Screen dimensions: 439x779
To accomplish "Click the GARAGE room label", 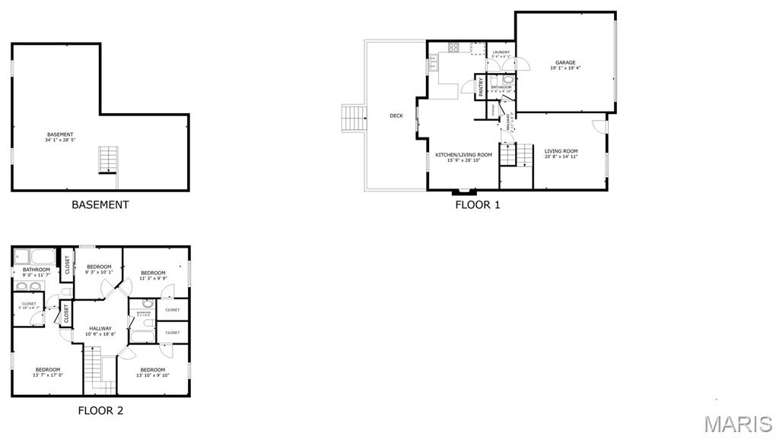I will pyautogui.click(x=564, y=62).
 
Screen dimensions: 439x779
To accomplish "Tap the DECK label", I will pyautogui.click(x=396, y=115).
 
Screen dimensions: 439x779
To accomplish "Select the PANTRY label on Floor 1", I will pyautogui.click(x=481, y=86).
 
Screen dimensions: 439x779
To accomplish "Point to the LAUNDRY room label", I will pyautogui.click(x=501, y=52).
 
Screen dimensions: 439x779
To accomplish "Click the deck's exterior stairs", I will pyautogui.click(x=354, y=118).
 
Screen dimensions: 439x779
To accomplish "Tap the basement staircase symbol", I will pyautogui.click(x=107, y=159).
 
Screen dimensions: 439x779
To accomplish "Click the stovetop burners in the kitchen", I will pyautogui.click(x=453, y=47).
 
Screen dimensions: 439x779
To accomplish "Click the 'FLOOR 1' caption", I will pyautogui.click(x=477, y=204).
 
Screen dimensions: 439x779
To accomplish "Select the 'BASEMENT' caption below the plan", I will pyautogui.click(x=100, y=204).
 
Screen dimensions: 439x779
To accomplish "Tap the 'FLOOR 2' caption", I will pyautogui.click(x=100, y=411).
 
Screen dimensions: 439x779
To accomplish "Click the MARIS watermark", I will pyautogui.click(x=738, y=424).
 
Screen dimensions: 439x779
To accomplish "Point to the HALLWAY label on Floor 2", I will pyautogui.click(x=100, y=328).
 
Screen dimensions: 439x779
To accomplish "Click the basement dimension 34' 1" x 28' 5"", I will pyautogui.click(x=60, y=141).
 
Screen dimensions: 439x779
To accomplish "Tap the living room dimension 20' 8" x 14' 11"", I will pyautogui.click(x=561, y=156).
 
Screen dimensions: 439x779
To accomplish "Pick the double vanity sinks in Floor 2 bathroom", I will pyautogui.click(x=27, y=287).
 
